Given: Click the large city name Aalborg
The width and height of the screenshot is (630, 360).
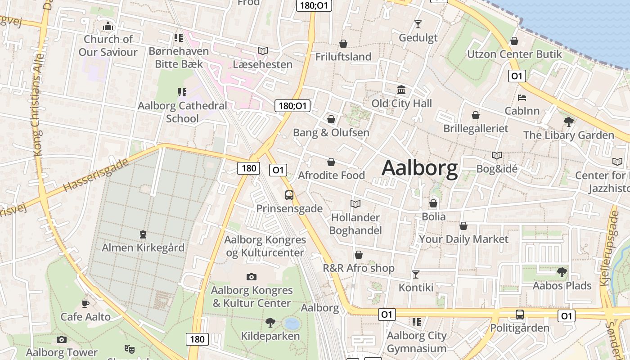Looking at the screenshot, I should [419, 168].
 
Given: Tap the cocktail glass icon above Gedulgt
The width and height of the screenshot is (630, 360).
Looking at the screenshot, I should [418, 24].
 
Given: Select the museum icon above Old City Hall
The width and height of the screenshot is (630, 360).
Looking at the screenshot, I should [401, 90].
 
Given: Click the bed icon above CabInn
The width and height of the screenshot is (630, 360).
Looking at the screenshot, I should [522, 97].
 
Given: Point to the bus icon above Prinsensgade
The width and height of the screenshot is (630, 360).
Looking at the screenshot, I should [289, 195].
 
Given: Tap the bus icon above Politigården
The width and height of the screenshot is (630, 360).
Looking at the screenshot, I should [520, 314].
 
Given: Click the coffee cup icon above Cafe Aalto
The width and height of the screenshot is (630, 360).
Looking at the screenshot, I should [85, 304].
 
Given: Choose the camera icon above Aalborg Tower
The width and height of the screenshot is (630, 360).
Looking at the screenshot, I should [62, 339].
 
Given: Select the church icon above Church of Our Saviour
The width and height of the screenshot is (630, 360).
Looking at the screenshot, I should [108, 27].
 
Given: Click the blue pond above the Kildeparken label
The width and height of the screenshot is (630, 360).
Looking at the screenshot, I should [292, 323].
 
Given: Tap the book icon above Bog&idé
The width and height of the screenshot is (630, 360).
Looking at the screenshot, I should [497, 155].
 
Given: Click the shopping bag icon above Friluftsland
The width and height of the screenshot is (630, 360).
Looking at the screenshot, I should [343, 44].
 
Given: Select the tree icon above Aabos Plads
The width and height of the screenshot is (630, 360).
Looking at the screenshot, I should [562, 272].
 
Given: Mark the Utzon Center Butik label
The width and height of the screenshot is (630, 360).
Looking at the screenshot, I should [514, 54].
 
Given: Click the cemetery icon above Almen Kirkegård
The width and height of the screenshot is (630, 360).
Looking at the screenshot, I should [143, 234].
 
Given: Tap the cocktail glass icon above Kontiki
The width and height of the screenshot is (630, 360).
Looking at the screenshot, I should [416, 274].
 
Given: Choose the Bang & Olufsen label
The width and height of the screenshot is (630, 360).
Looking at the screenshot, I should [331, 133].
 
